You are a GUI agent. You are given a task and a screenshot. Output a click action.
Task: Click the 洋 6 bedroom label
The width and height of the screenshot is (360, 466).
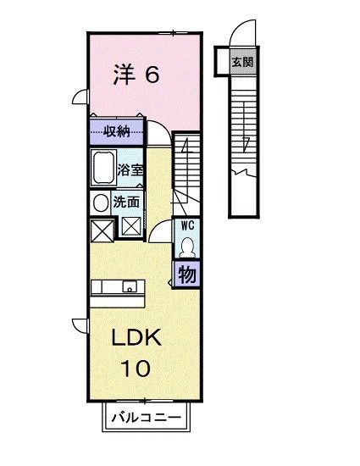tap(136, 75)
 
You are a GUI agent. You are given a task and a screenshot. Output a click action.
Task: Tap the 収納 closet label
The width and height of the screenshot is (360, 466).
tap(117, 131)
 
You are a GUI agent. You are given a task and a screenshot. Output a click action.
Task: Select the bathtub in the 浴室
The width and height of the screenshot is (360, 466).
tap(103, 168)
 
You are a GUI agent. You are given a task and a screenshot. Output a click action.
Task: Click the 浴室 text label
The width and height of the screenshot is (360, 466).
tap(130, 170)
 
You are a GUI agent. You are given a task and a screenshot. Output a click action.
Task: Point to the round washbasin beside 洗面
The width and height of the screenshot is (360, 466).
tap(101, 203)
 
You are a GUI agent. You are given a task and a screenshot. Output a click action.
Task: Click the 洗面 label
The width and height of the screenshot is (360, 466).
tap(126, 202)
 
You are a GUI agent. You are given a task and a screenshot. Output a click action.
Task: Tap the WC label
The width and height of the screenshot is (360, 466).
tap(188, 226)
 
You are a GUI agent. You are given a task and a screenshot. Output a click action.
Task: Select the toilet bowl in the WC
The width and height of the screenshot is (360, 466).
tap(187, 247)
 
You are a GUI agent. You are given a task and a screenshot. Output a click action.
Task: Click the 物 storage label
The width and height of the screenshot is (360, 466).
tap(187, 274)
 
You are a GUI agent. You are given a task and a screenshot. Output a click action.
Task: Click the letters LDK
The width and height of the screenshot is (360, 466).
tap(136, 337)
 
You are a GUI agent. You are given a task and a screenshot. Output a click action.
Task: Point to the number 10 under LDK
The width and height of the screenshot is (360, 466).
tap(136, 369)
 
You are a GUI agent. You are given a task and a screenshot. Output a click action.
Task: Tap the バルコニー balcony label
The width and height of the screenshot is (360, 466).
tap(147, 417)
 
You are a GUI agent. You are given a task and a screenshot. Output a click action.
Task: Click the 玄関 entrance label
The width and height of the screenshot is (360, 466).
tap(242, 63)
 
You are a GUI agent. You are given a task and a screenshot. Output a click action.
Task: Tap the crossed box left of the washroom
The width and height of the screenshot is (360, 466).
tap(102, 231)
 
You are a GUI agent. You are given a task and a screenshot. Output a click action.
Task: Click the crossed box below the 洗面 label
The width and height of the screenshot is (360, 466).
tap(131, 226)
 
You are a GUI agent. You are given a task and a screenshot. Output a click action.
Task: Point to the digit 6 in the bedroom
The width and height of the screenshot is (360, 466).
tap(152, 75)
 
